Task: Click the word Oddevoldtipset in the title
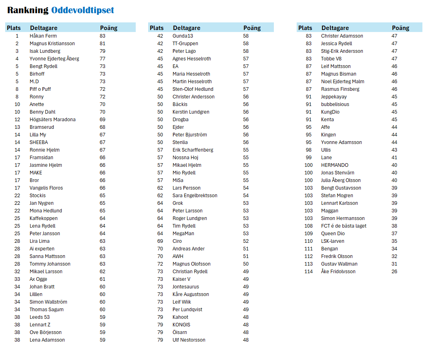click(x=82, y=10)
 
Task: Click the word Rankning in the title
click(x=28, y=10)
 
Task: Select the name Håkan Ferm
click(x=43, y=36)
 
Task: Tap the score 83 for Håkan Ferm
click(x=102, y=36)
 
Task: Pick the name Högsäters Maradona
click(x=52, y=120)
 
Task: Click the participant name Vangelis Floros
click(x=46, y=188)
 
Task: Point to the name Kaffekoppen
click(x=44, y=218)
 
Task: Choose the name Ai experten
click(x=42, y=249)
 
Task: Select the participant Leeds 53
click(x=40, y=317)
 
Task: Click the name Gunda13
click(x=183, y=36)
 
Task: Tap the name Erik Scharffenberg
click(x=193, y=150)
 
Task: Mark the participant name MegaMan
click(x=183, y=234)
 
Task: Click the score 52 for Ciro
click(x=246, y=241)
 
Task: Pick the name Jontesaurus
click(x=186, y=287)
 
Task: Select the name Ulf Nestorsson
click(x=189, y=340)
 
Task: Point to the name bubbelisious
click(x=335, y=104)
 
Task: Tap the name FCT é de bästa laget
click(x=344, y=226)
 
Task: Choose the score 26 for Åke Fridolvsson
click(x=394, y=272)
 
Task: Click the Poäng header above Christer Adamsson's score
click(x=400, y=28)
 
